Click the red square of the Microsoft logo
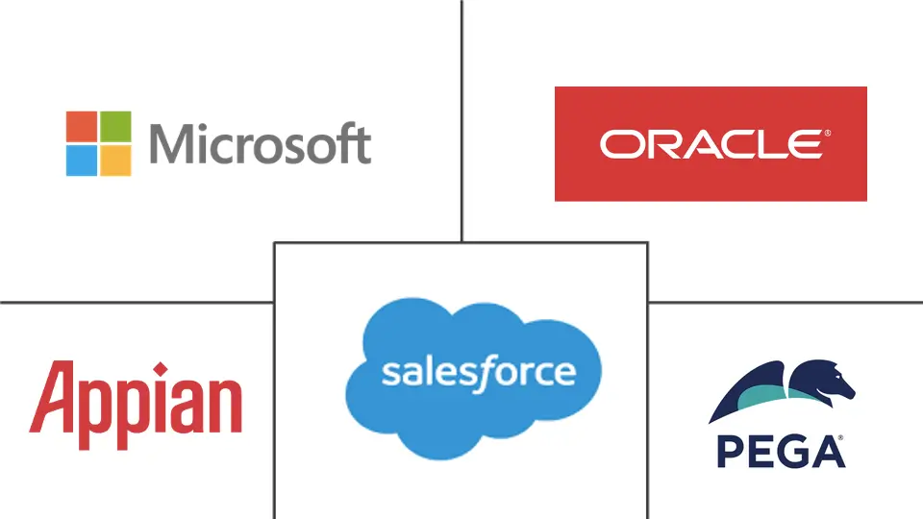pyautogui.click(x=81, y=126)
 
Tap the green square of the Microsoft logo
pyautogui.click(x=115, y=126)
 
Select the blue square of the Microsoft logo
pyautogui.click(x=81, y=161)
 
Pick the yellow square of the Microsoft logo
pyautogui.click(x=115, y=161)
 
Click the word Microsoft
pyautogui.click(x=260, y=144)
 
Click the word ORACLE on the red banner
pyautogui.click(x=710, y=144)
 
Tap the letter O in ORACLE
pyautogui.click(x=617, y=144)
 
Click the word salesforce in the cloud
pyautogui.click(x=478, y=372)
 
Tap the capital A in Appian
pyautogui.click(x=48, y=397)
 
